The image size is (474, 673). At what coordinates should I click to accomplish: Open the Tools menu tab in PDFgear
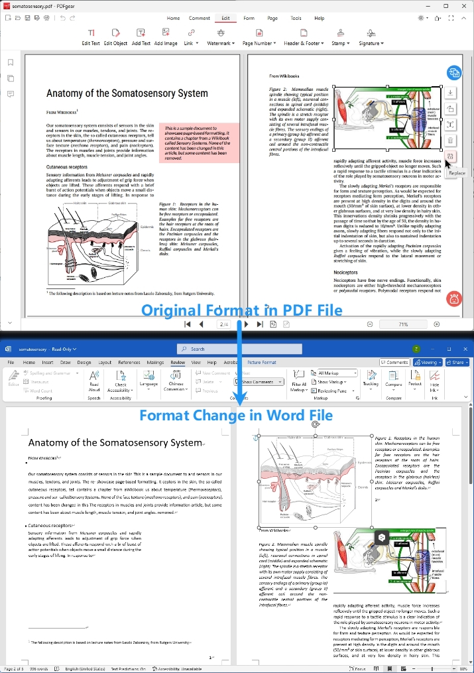[x=296, y=19]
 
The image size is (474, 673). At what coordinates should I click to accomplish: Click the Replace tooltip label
[x=457, y=173]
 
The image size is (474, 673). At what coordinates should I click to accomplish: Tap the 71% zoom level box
[x=403, y=324]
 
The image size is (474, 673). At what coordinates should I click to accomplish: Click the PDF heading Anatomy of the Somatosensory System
[x=127, y=93]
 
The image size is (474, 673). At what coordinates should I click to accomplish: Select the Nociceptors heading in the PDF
[x=345, y=273]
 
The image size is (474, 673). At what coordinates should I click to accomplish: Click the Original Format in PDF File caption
[x=241, y=310]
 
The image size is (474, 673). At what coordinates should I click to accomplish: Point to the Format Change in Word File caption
[x=235, y=416]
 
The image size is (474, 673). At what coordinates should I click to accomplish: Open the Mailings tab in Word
[x=155, y=363]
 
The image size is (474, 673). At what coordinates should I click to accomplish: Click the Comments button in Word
[x=394, y=363]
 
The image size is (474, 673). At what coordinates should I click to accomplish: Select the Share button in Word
[x=457, y=363]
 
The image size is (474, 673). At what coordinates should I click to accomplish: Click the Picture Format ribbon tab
[x=261, y=363]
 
